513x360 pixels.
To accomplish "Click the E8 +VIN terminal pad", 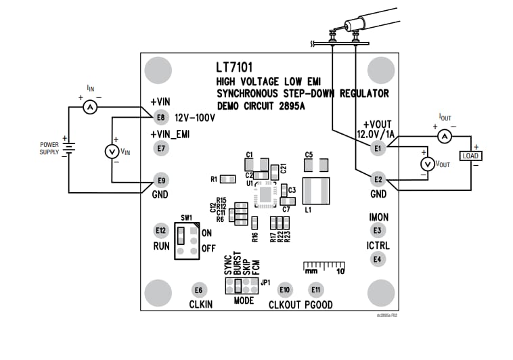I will (160, 117).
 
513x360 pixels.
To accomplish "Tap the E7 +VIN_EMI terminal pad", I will (160, 148).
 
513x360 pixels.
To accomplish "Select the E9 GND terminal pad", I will (160, 180).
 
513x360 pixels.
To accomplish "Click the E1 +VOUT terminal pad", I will (378, 148).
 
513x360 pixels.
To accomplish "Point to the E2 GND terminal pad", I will (378, 179).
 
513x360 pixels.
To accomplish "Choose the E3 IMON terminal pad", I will (377, 231).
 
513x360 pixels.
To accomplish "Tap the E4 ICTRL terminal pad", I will (377, 258).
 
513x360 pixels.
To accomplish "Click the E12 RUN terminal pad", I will (160, 230).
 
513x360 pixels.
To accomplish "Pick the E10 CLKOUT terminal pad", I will (285, 290).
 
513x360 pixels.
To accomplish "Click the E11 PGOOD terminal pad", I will (315, 290).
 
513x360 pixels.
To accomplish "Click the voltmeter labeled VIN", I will (112, 152).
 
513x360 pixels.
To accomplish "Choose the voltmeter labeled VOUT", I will (426, 164).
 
